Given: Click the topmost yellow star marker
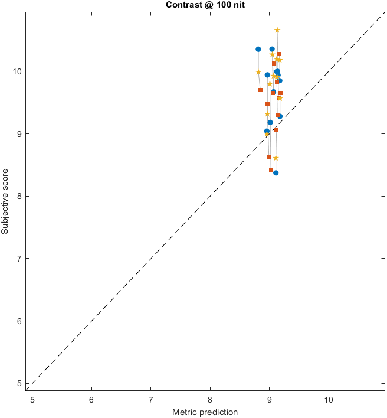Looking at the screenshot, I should pos(277,30).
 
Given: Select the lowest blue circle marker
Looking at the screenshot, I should pos(276,173).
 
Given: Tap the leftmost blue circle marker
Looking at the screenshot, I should pos(258,49).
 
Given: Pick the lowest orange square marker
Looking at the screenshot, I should pos(271,170).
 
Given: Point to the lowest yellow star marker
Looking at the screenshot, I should pos(276,158).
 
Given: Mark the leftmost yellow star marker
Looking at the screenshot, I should pos(258,72).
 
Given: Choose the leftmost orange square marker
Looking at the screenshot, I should pos(260,90).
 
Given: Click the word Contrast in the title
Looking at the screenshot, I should pos(183,5).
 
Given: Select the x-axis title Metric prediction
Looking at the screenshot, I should pos(205,412).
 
